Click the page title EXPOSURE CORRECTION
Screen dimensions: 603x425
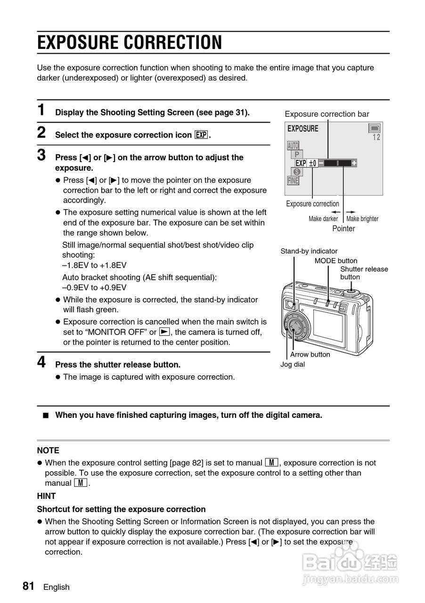point(129,42)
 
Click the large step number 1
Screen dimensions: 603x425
point(41,110)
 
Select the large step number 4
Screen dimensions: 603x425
point(41,362)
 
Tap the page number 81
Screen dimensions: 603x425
point(28,586)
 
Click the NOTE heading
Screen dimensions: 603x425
point(48,450)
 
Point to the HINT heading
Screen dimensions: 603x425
point(46,496)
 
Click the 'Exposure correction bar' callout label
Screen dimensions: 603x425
point(327,114)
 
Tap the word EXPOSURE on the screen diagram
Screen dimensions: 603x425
point(302,129)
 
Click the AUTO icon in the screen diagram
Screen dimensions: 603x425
point(293,146)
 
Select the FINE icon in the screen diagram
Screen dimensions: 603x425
point(293,180)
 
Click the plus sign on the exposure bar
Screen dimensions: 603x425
point(354,163)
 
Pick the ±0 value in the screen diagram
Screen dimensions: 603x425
point(312,163)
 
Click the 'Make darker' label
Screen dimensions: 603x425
point(323,219)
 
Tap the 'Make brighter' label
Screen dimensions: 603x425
point(362,219)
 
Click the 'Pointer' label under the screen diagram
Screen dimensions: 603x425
point(343,228)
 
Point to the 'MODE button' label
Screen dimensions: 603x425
point(336,261)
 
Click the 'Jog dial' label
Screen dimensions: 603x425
point(293,364)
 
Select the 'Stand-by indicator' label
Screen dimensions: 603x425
point(309,251)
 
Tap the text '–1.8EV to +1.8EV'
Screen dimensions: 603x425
point(94,265)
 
